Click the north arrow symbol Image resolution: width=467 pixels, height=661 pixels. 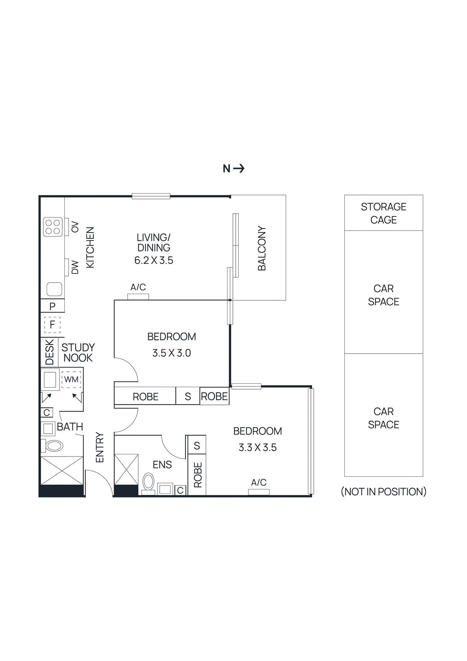pyautogui.click(x=239, y=169)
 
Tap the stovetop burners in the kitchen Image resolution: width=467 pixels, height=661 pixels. pyautogui.click(x=53, y=227)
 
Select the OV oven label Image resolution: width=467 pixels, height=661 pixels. pyautogui.click(x=75, y=227)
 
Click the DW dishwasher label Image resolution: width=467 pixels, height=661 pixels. pyautogui.click(x=75, y=267)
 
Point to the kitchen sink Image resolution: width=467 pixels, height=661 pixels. pyautogui.click(x=54, y=289)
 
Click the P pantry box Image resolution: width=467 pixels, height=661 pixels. pyautogui.click(x=52, y=306)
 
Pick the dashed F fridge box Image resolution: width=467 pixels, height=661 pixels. pyautogui.click(x=52, y=325)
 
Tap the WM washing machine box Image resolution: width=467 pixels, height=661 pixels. pyautogui.click(x=71, y=379)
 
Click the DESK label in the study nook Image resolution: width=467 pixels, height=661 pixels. pyautogui.click(x=50, y=352)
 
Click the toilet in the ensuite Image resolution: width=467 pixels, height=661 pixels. pyautogui.click(x=148, y=482)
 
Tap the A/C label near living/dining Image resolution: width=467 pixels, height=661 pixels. pyautogui.click(x=138, y=287)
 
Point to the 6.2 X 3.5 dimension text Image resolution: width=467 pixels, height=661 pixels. pyautogui.click(x=154, y=260)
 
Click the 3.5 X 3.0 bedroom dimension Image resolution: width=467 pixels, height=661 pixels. pyautogui.click(x=171, y=353)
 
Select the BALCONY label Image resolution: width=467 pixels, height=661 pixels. pyautogui.click(x=262, y=248)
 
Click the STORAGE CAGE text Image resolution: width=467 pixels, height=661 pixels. pyautogui.click(x=383, y=213)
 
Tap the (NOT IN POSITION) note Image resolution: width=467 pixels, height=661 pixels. pyautogui.click(x=383, y=492)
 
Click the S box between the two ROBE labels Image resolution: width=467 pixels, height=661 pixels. pyautogui.click(x=188, y=397)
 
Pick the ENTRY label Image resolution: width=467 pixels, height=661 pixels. pyautogui.click(x=100, y=447)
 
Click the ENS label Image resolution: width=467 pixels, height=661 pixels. pyautogui.click(x=162, y=465)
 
